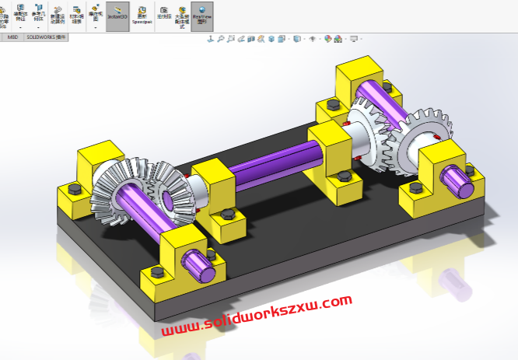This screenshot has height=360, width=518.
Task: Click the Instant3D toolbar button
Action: click(117, 16)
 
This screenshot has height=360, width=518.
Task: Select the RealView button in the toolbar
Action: click(202, 16)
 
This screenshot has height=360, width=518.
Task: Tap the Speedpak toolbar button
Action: click(142, 17)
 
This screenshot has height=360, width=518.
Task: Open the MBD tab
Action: click(12, 37)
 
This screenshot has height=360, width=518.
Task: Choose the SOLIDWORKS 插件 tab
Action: click(46, 37)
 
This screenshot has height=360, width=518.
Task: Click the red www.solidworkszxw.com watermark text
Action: click(257, 314)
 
